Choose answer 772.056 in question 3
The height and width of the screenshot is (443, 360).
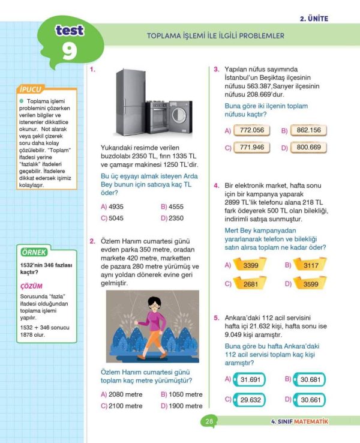click(251, 130)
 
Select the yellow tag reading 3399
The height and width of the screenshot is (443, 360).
click(251, 265)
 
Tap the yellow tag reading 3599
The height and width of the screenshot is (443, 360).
click(310, 284)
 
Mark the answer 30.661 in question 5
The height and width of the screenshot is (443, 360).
click(311, 400)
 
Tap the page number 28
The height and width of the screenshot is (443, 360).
click(209, 421)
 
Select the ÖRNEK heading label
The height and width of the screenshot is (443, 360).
click(33, 253)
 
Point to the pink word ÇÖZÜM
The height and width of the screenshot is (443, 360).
click(31, 287)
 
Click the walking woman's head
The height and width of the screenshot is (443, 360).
click(155, 304)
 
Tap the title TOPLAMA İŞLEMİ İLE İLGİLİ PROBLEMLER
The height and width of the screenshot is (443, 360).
click(215, 36)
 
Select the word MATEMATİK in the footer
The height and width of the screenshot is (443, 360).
click(311, 421)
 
